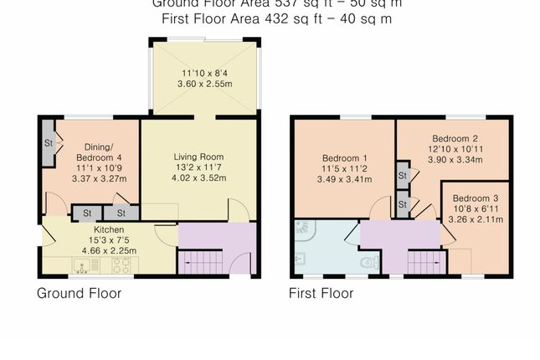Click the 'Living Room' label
point(198,157)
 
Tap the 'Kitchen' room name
point(109,229)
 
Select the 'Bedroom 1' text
point(345,158)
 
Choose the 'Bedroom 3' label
point(474,198)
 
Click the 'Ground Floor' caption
point(79,294)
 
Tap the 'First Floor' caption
point(321,294)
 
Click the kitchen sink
point(82,265)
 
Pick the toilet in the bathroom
point(362,265)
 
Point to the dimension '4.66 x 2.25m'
point(109,249)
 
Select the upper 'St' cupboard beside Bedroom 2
point(403,176)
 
